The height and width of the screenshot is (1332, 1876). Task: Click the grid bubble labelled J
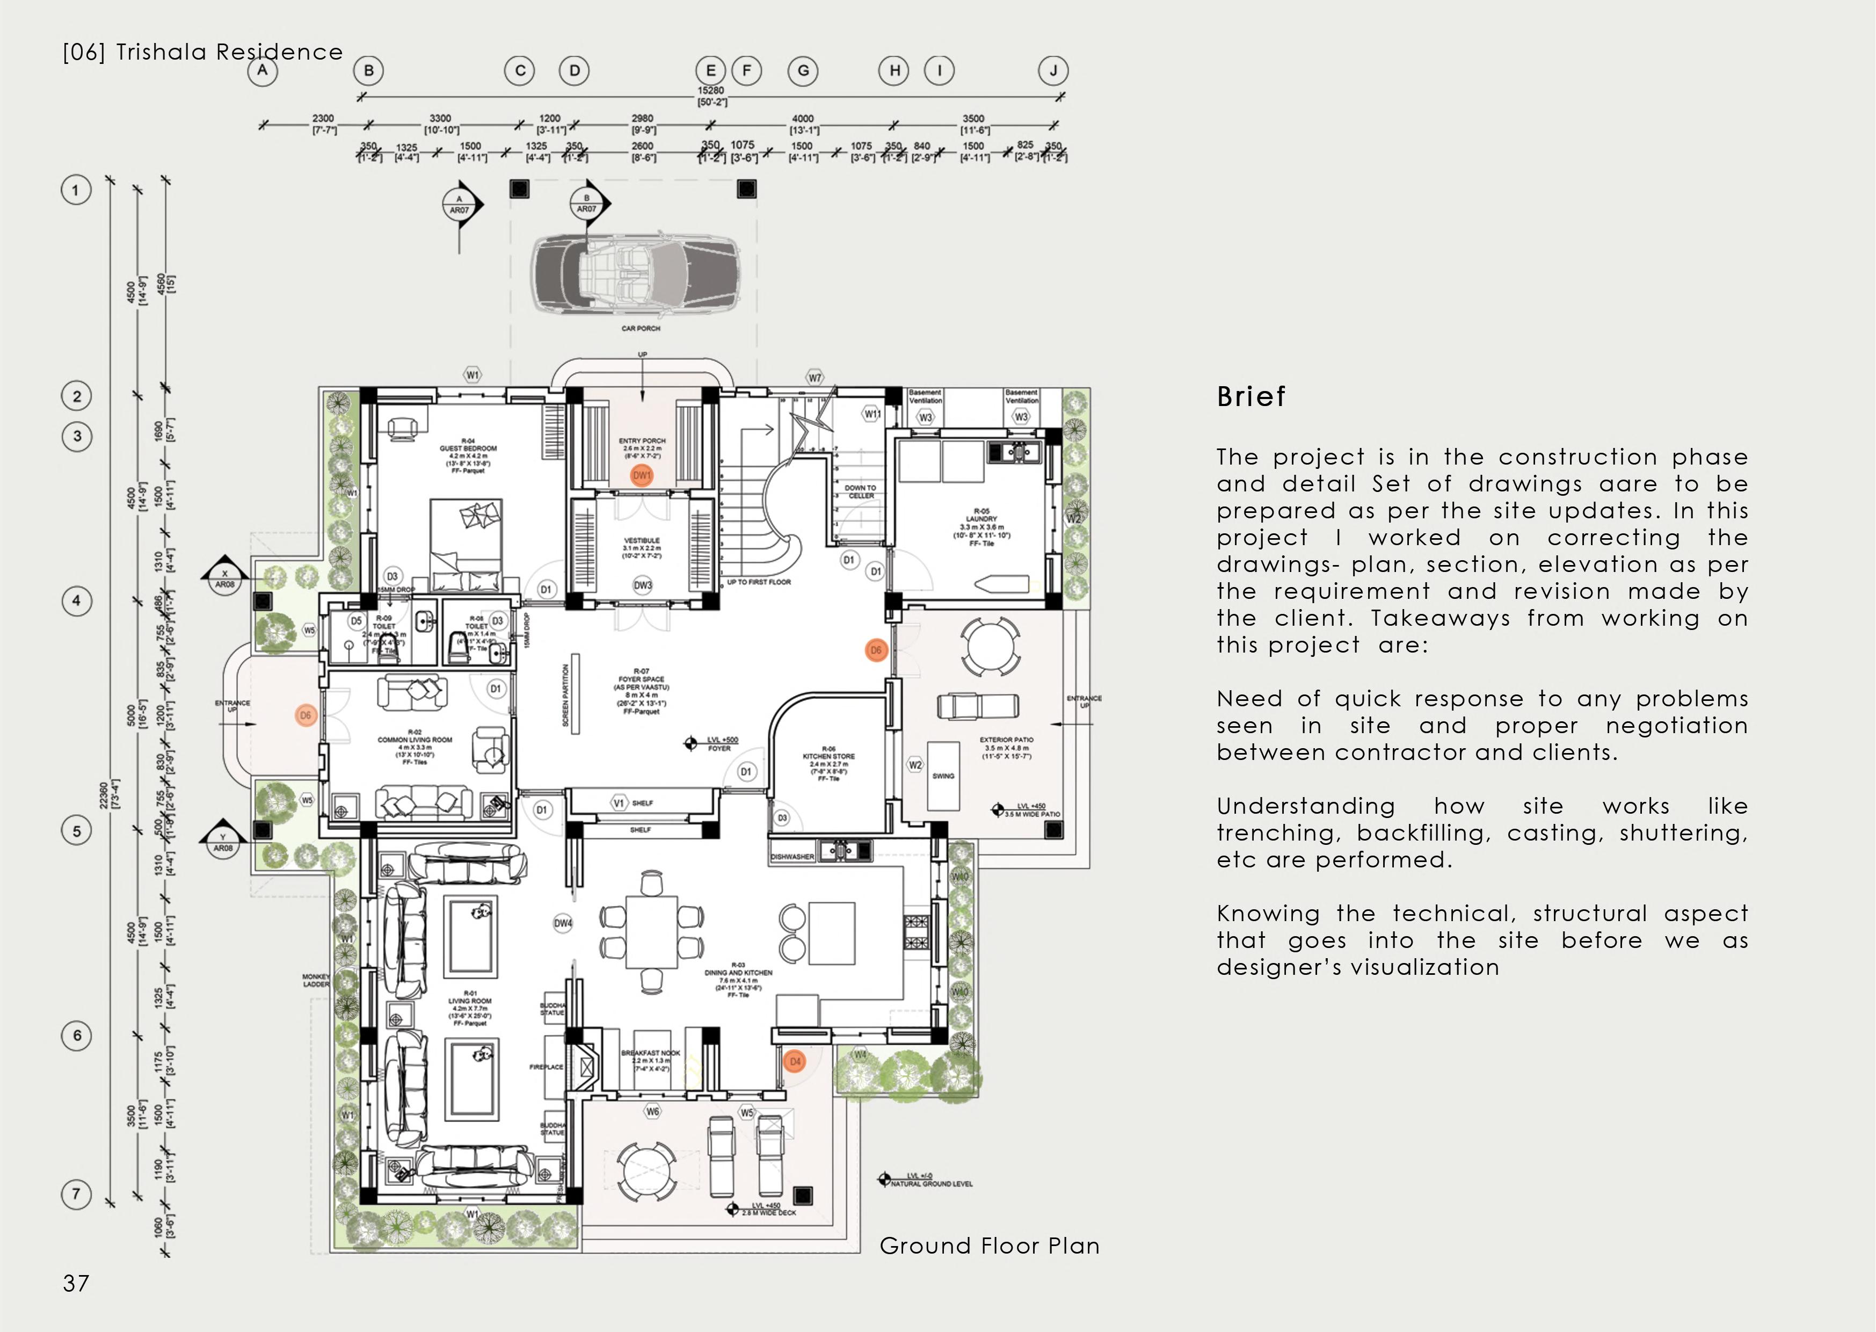[1053, 70]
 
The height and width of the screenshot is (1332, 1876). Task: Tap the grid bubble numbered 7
[76, 1193]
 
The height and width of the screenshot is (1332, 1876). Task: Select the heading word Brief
[1251, 397]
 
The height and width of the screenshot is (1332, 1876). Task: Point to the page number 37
[76, 1284]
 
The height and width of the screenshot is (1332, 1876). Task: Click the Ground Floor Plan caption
[989, 1246]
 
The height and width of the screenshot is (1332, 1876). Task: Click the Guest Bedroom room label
[468, 448]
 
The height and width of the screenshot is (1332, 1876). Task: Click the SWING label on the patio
[943, 776]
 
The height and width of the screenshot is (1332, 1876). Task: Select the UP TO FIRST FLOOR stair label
[759, 582]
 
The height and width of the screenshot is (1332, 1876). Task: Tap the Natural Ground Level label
[932, 1184]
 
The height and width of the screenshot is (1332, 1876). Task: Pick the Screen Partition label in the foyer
[566, 696]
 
